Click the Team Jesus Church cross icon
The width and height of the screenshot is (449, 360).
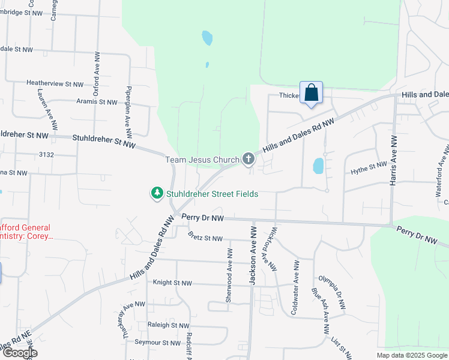pyautogui.click(x=249, y=159)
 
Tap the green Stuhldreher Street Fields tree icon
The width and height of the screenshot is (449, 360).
pyautogui.click(x=157, y=193)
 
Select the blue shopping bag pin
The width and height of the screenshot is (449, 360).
pyautogui.click(x=311, y=94)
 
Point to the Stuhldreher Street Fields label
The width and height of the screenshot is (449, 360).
pyautogui.click(x=212, y=194)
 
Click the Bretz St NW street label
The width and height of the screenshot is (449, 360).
pyautogui.click(x=205, y=238)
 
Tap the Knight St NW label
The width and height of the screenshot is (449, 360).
pyautogui.click(x=172, y=282)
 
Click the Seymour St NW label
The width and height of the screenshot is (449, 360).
pyautogui.click(x=158, y=343)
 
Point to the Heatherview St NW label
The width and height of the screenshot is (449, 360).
pyautogui.click(x=55, y=84)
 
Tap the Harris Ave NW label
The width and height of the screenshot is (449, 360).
pyautogui.click(x=394, y=160)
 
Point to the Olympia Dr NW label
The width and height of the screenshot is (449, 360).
pyautogui.click(x=333, y=293)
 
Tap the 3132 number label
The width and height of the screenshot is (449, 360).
pyautogui.click(x=46, y=155)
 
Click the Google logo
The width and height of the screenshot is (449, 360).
pyautogui.click(x=19, y=353)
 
